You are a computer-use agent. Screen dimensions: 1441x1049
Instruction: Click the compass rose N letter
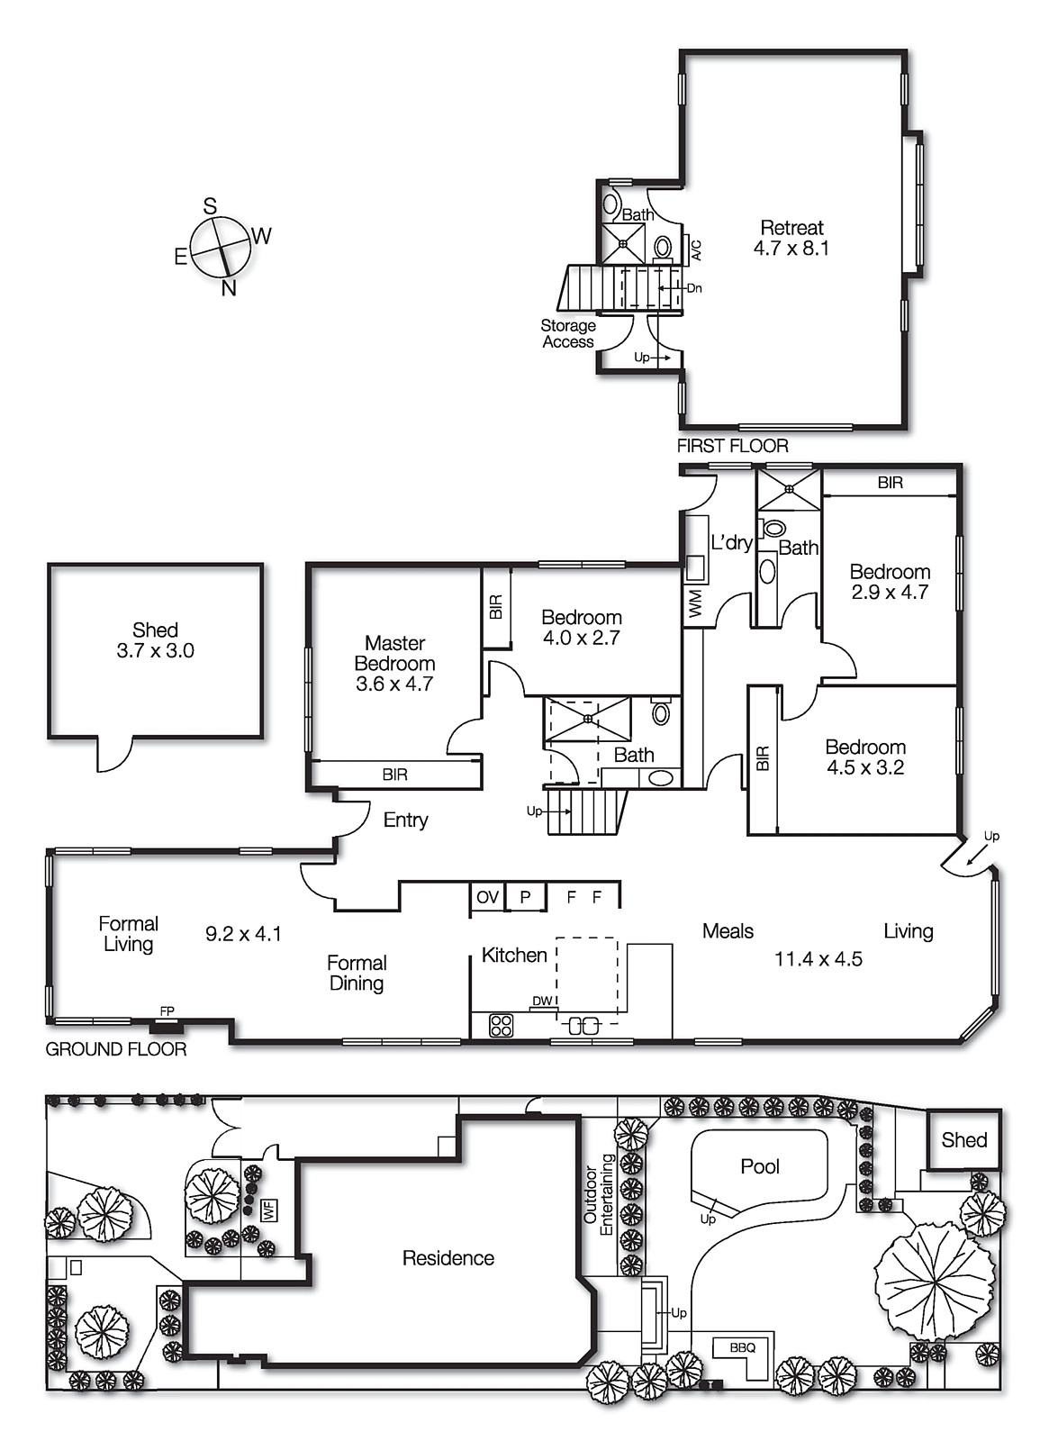point(229,288)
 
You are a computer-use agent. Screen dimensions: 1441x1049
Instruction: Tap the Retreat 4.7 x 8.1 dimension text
point(791,249)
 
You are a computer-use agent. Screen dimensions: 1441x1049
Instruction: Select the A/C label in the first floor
point(696,249)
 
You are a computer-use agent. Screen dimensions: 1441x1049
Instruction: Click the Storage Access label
point(568,334)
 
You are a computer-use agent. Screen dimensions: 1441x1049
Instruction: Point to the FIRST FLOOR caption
point(732,446)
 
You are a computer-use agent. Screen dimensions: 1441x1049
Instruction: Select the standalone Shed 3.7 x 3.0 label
point(155,640)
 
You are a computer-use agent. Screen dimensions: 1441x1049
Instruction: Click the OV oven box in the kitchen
point(487,897)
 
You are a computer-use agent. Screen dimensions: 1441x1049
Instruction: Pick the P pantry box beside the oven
point(526,897)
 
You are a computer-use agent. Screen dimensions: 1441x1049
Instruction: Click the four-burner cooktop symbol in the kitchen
point(501,1025)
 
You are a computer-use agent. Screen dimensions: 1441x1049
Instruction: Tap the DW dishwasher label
point(542,1001)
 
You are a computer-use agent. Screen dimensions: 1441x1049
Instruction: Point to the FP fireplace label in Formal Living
point(167,1011)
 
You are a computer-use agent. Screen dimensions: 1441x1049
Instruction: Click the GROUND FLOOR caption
point(116,1049)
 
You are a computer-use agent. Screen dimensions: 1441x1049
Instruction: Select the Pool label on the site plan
point(759,1166)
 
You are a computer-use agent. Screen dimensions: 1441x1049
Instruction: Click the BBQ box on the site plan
point(742,1348)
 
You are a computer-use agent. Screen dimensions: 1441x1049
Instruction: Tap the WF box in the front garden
point(268,1210)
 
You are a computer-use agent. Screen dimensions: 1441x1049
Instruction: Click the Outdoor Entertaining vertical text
point(598,1194)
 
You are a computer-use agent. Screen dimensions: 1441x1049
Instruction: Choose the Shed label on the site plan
point(963,1140)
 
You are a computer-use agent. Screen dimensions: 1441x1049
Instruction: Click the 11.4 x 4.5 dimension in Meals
point(818,959)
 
